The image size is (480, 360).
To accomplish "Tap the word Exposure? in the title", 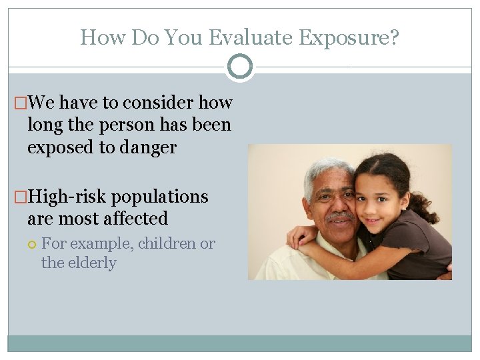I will [349, 37].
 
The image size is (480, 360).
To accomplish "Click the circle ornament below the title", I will [240, 67].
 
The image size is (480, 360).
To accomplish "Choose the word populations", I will [160, 197].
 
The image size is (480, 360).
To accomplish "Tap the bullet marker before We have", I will [21, 103].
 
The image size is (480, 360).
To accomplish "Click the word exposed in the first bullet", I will [60, 147].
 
